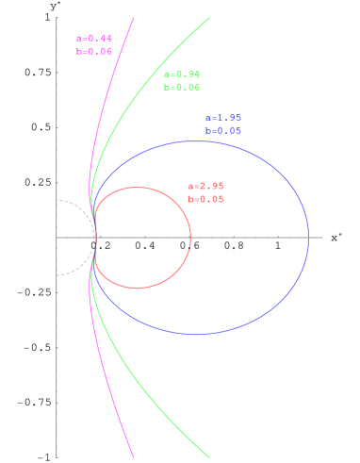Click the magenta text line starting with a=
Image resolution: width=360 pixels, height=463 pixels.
(94, 39)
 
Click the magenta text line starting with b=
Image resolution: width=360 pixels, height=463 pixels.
(94, 52)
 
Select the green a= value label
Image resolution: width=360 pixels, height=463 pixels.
(182, 74)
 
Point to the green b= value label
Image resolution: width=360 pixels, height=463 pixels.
(182, 87)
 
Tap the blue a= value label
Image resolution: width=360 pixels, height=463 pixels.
(223, 118)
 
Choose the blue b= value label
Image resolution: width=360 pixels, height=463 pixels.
(223, 131)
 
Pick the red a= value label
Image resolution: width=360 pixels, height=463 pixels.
(205, 186)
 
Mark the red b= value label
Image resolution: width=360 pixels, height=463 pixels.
(205, 199)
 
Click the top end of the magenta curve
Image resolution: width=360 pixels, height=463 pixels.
(134, 17)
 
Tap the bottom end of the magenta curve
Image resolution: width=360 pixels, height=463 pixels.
(134, 457)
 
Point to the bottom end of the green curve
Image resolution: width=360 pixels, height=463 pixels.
(208, 457)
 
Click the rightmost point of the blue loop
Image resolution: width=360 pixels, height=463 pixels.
(308, 238)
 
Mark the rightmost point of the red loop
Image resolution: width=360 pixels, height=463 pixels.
(190, 238)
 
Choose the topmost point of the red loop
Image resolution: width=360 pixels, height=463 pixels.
(139, 187)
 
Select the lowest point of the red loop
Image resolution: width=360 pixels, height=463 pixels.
(139, 288)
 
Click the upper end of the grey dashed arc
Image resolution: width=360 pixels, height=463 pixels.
(57, 200)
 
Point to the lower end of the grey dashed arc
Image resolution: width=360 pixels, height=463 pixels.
(57, 275)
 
